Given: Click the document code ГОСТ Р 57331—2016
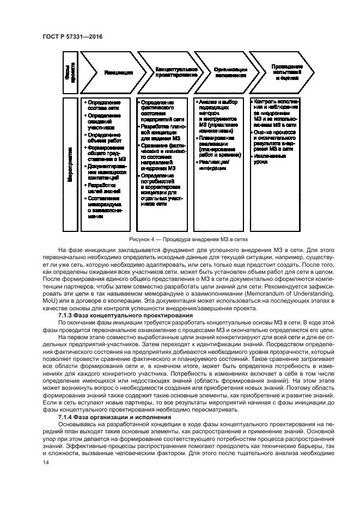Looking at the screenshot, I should [72, 36].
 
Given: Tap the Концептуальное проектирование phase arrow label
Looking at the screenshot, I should [173, 72].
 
